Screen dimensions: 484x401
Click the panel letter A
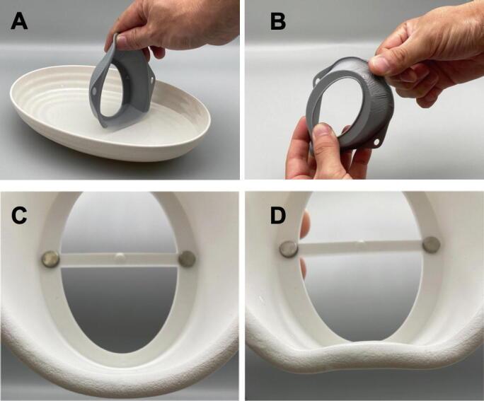(19, 22)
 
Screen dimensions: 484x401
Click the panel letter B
(278, 22)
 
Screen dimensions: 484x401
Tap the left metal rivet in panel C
(51, 259)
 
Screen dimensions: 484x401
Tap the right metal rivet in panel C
(187, 258)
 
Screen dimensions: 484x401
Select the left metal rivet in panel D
(289, 249)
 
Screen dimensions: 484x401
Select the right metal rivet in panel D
(432, 245)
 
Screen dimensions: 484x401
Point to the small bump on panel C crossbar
(120, 256)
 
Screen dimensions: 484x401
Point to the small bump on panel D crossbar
(360, 242)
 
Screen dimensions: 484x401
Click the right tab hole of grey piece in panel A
(152, 80)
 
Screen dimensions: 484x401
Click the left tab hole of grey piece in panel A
(94, 92)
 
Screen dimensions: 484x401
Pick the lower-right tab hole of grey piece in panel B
(376, 142)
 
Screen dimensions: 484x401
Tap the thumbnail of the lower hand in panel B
(321, 130)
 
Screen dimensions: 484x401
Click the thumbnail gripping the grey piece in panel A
(123, 41)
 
